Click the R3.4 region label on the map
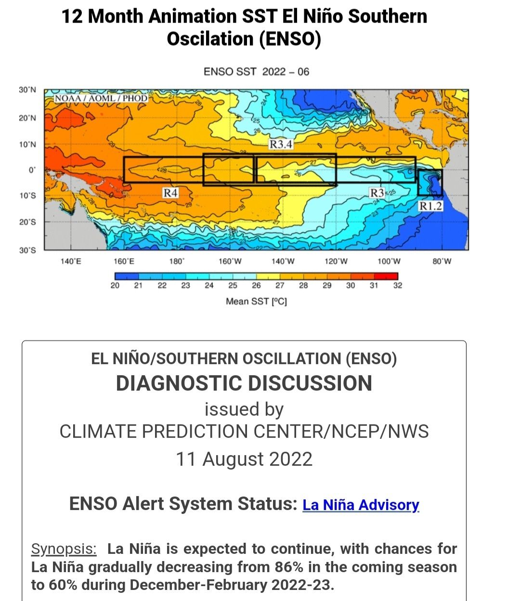click(x=281, y=144)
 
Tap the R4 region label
click(x=170, y=193)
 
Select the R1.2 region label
click(x=430, y=206)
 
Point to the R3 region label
click(x=377, y=193)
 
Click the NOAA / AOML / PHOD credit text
click(x=101, y=98)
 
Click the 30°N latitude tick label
click(x=27, y=90)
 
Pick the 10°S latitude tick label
click(x=27, y=196)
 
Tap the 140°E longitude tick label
click(x=70, y=261)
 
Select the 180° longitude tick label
click(x=177, y=261)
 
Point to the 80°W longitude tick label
click(x=442, y=261)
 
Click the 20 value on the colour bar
click(x=115, y=286)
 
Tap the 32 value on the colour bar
click(x=398, y=286)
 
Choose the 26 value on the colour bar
click(x=256, y=286)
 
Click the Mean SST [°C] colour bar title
click(x=256, y=301)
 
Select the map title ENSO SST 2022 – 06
click(x=256, y=72)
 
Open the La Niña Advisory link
click(x=361, y=505)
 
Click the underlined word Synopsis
click(x=64, y=549)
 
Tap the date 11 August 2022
click(x=244, y=459)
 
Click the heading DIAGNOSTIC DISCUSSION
click(x=244, y=383)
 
